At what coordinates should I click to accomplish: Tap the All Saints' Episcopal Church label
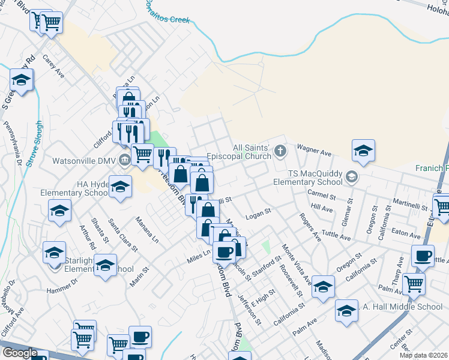(240, 152)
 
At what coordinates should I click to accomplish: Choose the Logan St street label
(259, 211)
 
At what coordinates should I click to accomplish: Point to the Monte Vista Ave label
(297, 262)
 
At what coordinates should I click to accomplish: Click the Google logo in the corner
(19, 353)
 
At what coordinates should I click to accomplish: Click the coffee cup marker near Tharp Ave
(423, 256)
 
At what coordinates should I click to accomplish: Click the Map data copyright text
(424, 355)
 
